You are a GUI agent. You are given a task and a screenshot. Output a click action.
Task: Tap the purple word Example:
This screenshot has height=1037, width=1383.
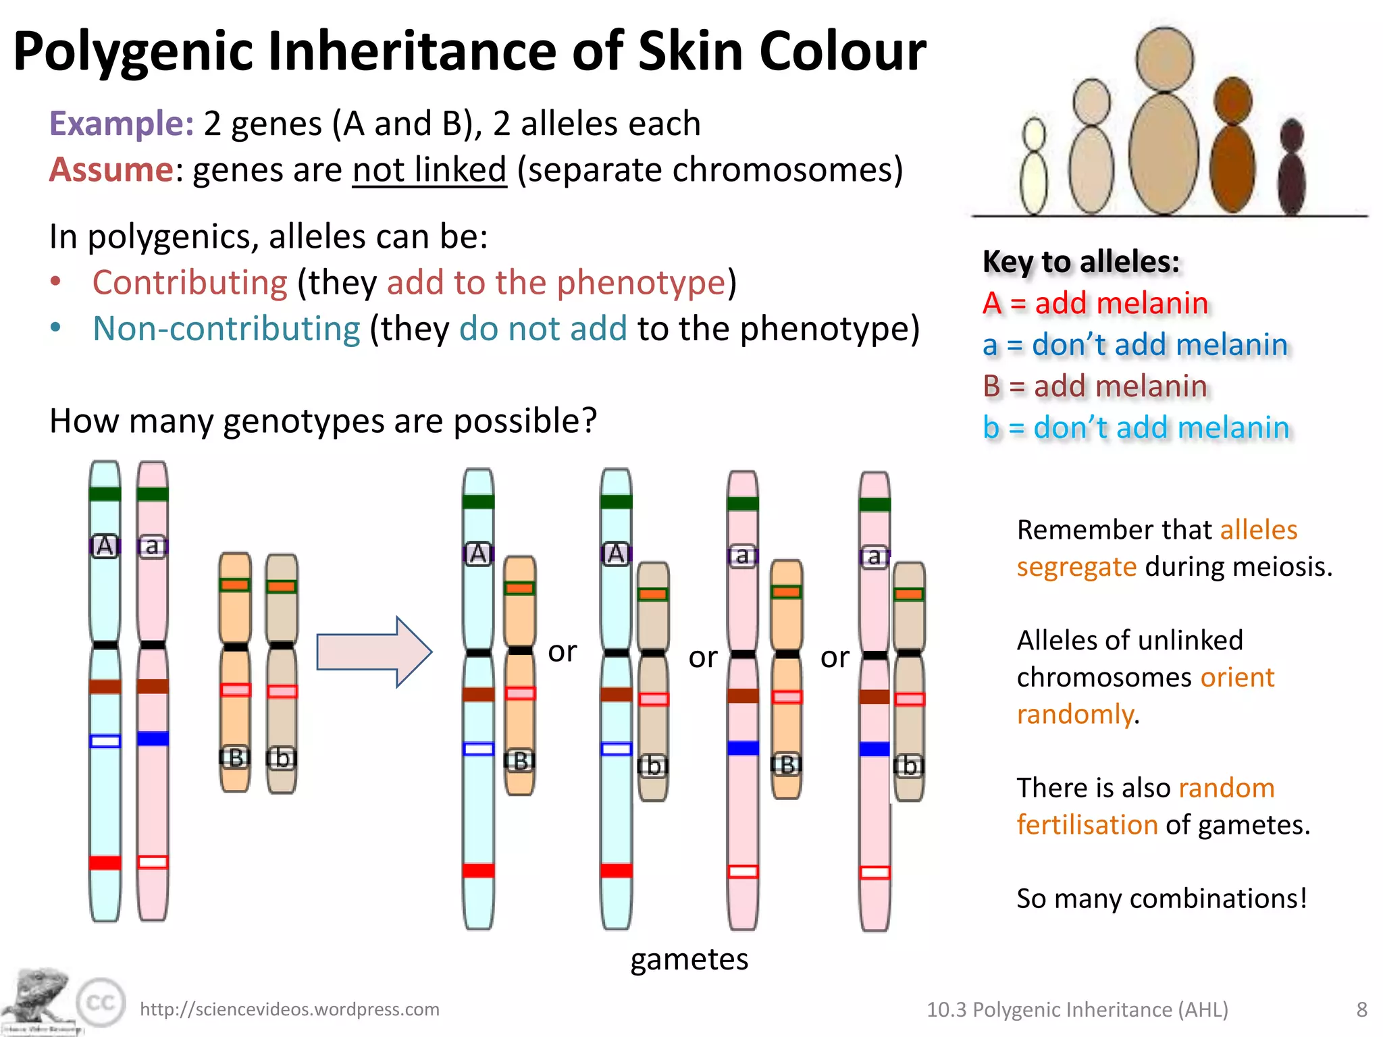pos(122,124)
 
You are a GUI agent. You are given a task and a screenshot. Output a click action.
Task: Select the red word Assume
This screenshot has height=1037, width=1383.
pos(111,169)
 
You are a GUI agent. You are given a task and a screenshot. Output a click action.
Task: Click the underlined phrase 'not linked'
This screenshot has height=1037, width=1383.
pos(429,169)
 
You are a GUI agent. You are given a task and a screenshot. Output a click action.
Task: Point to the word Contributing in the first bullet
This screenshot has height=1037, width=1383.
pos(190,282)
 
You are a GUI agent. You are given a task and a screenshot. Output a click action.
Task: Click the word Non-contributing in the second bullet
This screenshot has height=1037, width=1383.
pos(226,329)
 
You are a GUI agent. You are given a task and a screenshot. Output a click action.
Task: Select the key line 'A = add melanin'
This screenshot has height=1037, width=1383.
pos(1095,303)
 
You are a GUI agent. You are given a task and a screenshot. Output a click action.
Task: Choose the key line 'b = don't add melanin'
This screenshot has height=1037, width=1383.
pos(1136,427)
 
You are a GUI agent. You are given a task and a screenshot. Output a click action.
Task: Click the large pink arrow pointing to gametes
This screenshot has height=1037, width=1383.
pos(374,652)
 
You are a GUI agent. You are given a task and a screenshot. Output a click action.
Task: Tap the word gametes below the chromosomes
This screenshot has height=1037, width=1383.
pos(689,959)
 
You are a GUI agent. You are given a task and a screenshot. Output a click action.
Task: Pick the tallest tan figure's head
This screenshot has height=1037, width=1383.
pos(1165,57)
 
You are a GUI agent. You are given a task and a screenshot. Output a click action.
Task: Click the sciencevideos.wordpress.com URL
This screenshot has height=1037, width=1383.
pos(289,1009)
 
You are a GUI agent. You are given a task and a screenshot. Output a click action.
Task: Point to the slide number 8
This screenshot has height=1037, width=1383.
pos(1361,1010)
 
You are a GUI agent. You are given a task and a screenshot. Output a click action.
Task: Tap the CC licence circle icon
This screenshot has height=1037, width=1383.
pos(101,1003)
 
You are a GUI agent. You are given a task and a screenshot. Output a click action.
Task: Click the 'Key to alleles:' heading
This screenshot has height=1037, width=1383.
pos(1081,261)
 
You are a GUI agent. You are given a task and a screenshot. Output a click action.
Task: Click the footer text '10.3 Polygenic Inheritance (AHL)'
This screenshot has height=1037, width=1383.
pos(1077,1010)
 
